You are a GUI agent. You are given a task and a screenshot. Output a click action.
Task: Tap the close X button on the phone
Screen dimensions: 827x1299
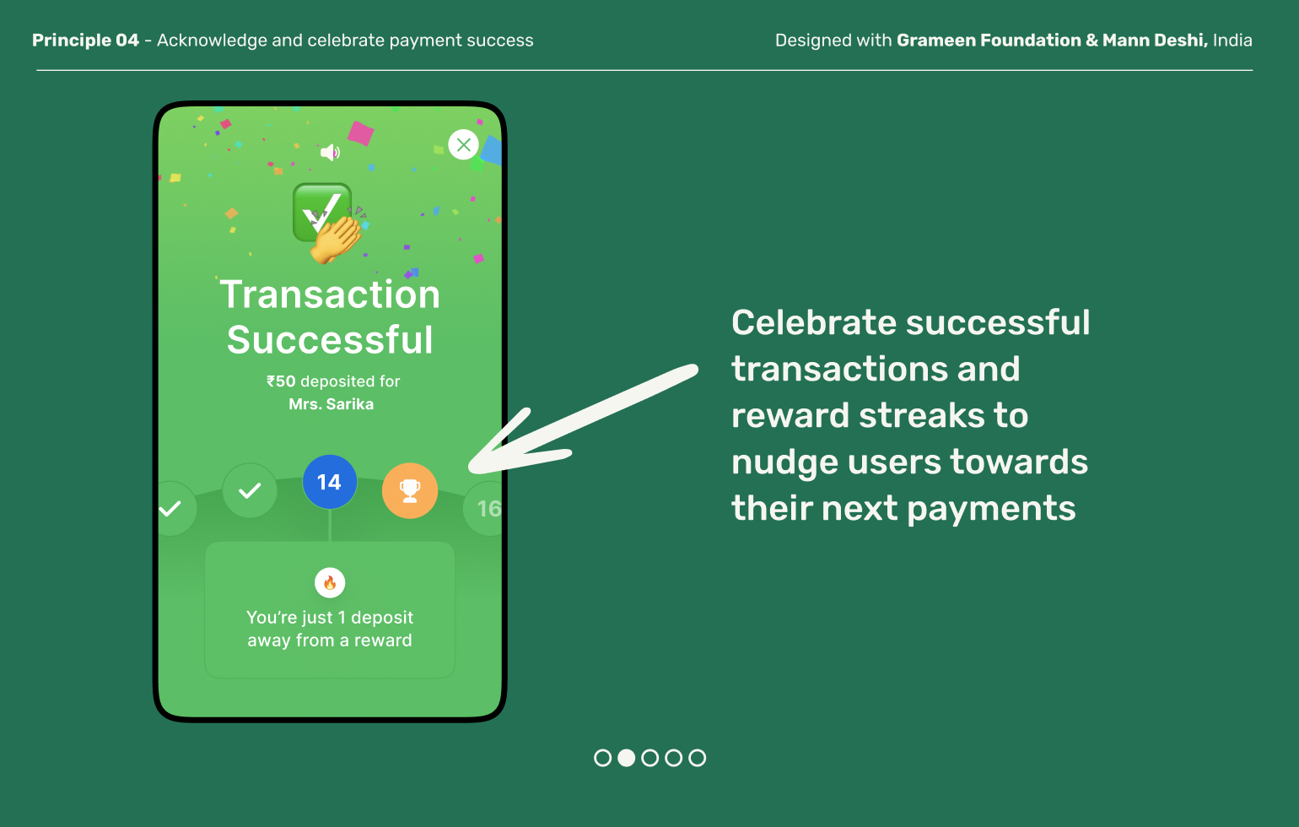(463, 144)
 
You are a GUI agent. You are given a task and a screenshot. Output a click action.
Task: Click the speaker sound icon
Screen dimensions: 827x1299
(330, 152)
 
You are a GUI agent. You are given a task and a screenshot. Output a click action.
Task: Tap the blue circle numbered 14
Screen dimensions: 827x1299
(329, 482)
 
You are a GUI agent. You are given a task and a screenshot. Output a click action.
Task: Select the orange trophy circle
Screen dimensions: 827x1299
(410, 489)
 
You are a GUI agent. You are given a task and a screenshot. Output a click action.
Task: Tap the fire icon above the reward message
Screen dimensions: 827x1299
(330, 582)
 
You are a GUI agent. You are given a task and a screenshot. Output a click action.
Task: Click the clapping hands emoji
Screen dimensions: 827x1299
(336, 240)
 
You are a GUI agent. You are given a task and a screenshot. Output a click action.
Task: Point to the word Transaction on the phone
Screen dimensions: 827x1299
(330, 295)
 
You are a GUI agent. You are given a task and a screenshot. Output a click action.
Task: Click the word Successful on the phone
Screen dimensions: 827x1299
(330, 340)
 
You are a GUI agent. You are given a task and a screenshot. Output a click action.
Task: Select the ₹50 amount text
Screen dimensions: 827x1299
(281, 381)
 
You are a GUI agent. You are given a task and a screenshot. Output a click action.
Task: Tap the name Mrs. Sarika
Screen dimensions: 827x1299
(331, 404)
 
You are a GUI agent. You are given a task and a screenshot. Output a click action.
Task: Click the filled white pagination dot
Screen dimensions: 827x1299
(626, 758)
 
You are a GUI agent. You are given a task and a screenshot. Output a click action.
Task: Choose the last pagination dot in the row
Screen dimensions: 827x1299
(697, 758)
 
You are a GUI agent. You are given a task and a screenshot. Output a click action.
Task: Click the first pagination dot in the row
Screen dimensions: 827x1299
(602, 758)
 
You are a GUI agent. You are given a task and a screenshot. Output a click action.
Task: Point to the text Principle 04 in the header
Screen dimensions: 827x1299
(85, 41)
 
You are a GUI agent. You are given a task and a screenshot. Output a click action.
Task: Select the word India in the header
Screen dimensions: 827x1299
(1232, 41)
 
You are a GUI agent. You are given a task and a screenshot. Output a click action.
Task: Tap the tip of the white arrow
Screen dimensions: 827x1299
(472, 467)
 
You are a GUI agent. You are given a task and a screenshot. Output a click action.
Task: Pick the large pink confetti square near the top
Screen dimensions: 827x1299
(361, 132)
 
